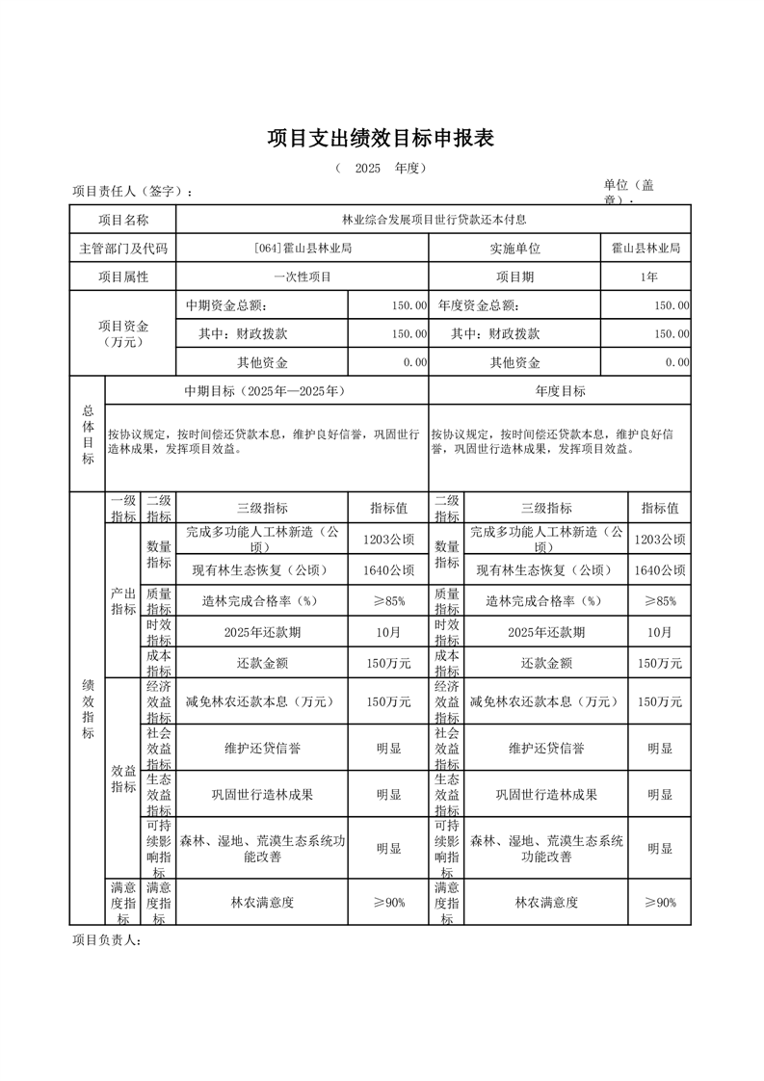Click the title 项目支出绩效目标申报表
pos(381,138)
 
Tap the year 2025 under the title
pos(368,168)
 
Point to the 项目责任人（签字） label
pos(132,191)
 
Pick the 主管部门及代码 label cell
pos(123,249)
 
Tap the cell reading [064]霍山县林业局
pos(302,249)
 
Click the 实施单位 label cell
pos(514,249)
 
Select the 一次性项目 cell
pos(302,277)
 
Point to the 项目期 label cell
pos(514,277)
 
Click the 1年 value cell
pos(645,277)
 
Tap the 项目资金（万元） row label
pos(123,333)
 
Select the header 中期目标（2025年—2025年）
pos(265,391)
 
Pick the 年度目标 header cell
pos(560,391)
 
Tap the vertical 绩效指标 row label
pos(88,708)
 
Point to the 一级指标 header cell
pos(123,509)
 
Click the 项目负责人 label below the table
pos(107,940)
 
